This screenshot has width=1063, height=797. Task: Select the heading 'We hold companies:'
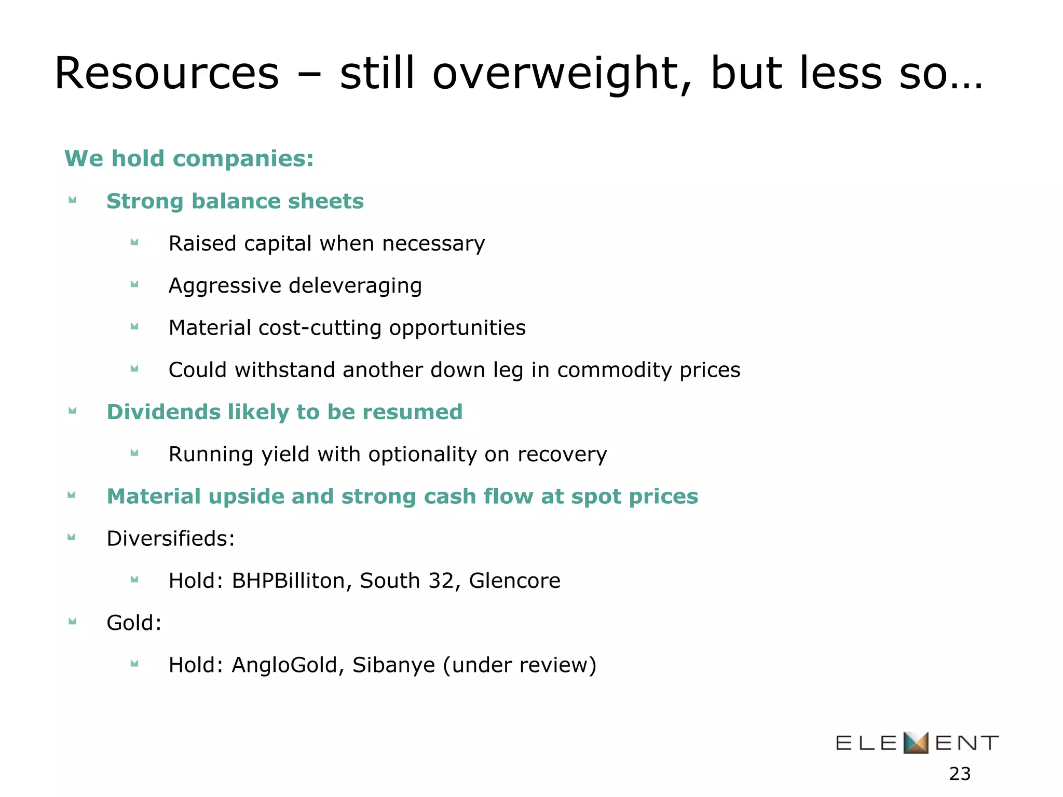click(x=189, y=158)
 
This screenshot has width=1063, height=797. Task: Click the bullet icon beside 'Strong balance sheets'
click(x=73, y=200)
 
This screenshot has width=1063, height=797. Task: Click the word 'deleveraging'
click(x=355, y=286)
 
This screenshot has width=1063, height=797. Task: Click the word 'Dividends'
click(x=163, y=412)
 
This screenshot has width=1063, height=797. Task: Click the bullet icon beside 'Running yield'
click(x=134, y=453)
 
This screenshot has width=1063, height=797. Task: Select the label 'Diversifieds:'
click(x=171, y=539)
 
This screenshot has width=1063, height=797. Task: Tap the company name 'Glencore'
click(x=514, y=581)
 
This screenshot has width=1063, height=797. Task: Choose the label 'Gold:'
click(x=134, y=623)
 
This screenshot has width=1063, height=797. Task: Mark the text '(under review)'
click(x=520, y=665)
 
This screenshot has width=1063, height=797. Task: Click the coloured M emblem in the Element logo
click(x=916, y=743)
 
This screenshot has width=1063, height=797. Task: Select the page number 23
click(x=960, y=774)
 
